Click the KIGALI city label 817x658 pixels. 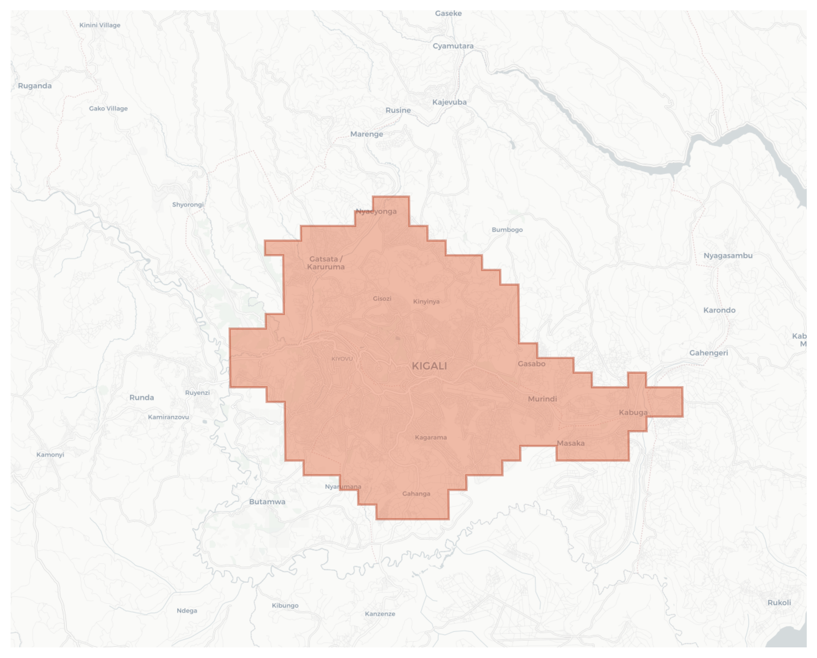click(429, 366)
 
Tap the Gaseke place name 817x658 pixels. click(448, 13)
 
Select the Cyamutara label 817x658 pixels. click(453, 46)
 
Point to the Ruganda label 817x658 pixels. click(35, 86)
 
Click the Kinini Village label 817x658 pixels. click(100, 25)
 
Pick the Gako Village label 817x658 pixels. click(108, 108)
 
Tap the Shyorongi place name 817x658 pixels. click(188, 205)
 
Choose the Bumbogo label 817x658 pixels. click(507, 230)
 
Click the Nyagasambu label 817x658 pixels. click(727, 256)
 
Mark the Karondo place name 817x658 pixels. click(719, 310)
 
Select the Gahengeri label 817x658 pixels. click(708, 353)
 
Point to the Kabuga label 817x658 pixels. click(633, 412)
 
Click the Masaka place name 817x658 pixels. click(570, 443)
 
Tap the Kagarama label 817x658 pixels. click(431, 437)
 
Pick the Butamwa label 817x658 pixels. click(267, 502)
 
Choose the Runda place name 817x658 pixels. click(142, 397)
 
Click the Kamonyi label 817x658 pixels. click(50, 454)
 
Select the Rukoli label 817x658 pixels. click(779, 603)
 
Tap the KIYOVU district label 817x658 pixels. click(342, 359)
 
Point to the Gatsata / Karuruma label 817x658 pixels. click(326, 263)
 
